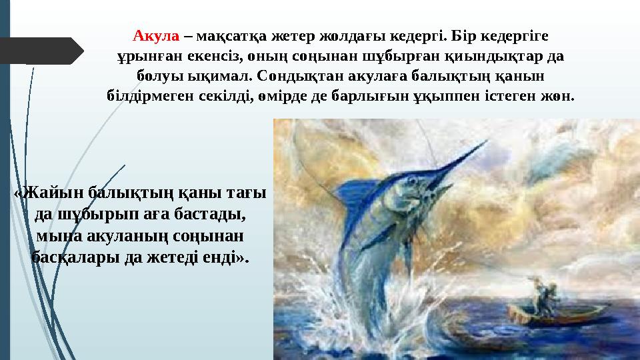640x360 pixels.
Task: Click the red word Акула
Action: (x=156, y=34)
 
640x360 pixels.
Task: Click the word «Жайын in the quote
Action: (x=49, y=193)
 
